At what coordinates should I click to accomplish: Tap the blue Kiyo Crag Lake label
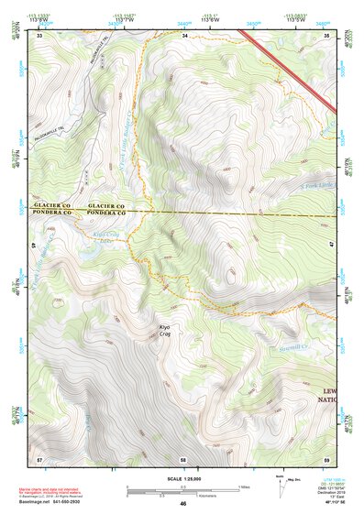point(108,237)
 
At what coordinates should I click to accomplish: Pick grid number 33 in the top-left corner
point(39,36)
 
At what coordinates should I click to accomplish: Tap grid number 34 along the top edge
point(184,36)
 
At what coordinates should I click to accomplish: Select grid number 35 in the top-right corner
point(327,36)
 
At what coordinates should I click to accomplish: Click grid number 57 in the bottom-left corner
point(39,457)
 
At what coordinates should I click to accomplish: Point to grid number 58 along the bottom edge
point(183,457)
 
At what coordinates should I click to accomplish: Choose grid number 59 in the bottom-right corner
point(327,457)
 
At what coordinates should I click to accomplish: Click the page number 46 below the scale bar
point(183,503)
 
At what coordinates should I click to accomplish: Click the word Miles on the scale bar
point(244,486)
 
